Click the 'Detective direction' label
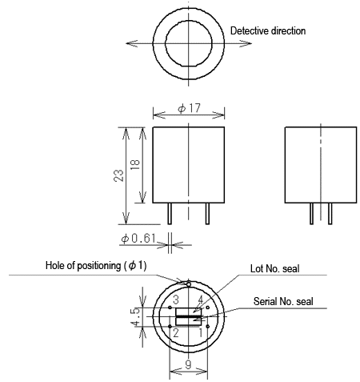(268, 30)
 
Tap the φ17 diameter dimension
(189, 108)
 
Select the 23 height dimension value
(118, 175)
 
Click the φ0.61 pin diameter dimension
(138, 238)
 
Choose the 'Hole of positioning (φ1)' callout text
(96, 266)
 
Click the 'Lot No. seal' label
(274, 268)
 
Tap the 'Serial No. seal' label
(283, 301)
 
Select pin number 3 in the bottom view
(176, 300)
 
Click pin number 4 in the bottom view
(200, 300)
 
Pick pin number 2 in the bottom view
(176, 333)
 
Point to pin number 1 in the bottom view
(201, 333)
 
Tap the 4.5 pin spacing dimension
(135, 317)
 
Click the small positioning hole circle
(189, 284)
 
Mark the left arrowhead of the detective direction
(132, 43)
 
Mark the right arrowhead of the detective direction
(246, 43)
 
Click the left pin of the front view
(170, 214)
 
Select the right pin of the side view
(330, 214)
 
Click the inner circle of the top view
(166, 43)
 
